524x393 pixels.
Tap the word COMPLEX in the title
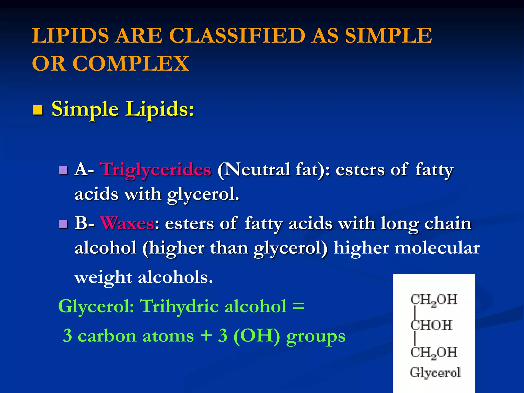pos(131,63)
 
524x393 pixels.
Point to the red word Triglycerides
pos(156,170)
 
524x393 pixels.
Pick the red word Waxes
pos(127,223)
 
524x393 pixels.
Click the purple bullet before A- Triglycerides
pos(63,170)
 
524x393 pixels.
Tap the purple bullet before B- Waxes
pos(63,224)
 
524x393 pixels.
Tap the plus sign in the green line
pos(206,335)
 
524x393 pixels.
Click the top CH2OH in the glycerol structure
pos(434,300)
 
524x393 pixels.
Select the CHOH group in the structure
pos(431,325)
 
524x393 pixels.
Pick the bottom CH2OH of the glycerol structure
pos(434,353)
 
